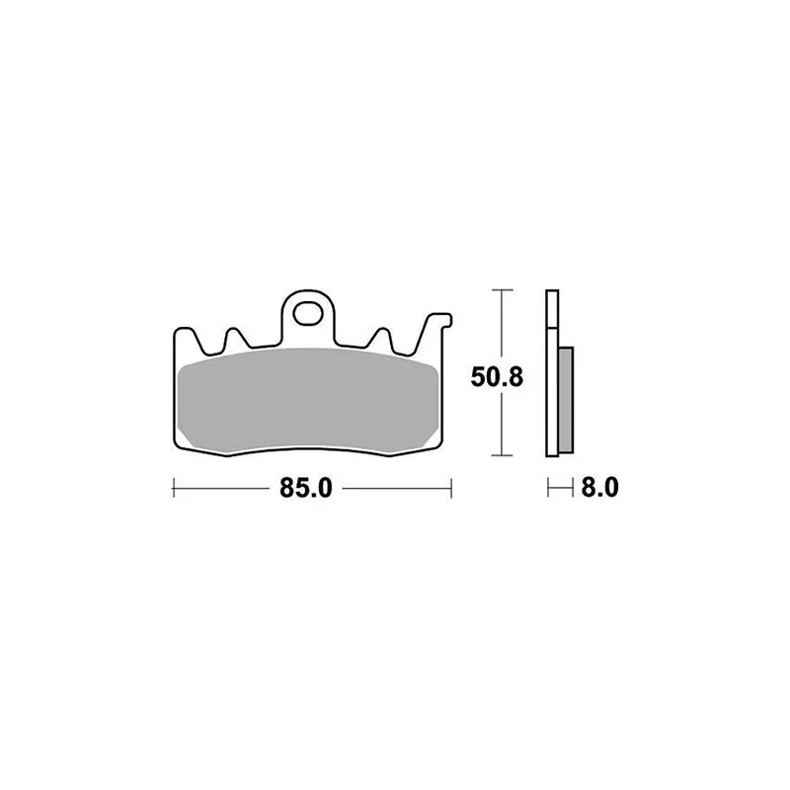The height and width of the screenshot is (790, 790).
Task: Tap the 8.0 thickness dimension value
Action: [x=599, y=488]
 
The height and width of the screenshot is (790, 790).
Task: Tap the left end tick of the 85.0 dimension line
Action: [x=174, y=488]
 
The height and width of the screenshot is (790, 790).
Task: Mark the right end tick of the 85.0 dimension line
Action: [x=450, y=488]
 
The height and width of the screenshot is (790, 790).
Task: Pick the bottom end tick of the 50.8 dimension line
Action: [x=504, y=455]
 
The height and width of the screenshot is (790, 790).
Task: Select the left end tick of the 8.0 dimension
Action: [x=548, y=488]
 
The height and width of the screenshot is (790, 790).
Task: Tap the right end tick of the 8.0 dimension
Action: [x=573, y=488]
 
